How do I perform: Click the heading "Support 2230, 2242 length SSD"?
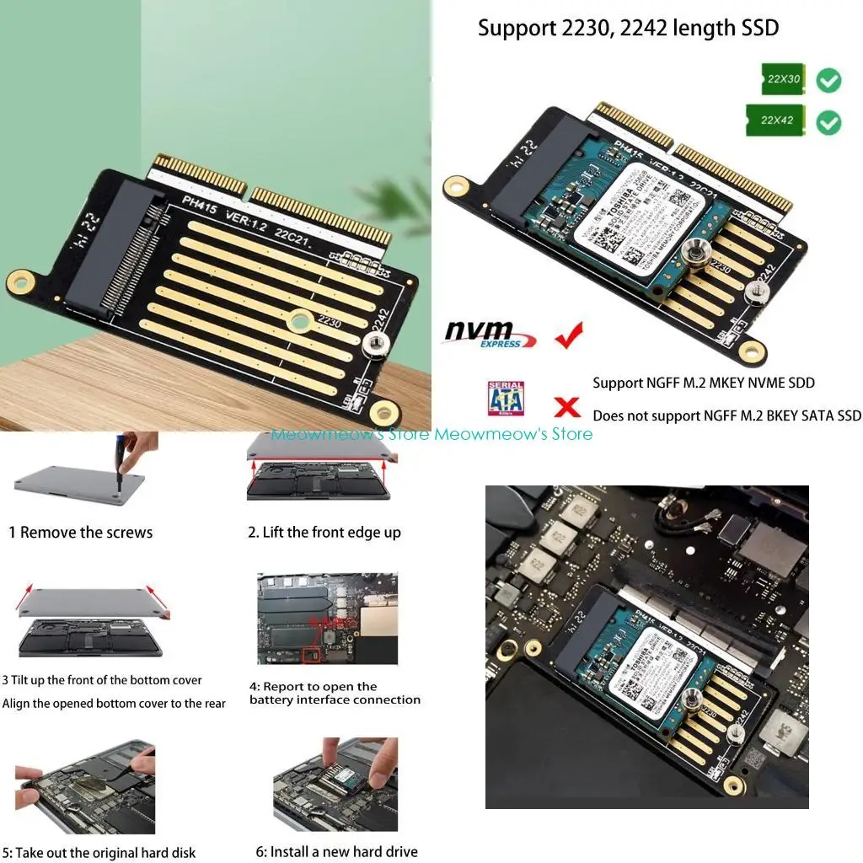pyautogui.click(x=628, y=28)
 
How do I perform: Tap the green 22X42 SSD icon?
pyautogui.click(x=775, y=121)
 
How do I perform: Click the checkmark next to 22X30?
pyautogui.click(x=828, y=81)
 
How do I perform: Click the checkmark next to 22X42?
pyautogui.click(x=828, y=123)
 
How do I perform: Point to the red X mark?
pyautogui.click(x=567, y=407)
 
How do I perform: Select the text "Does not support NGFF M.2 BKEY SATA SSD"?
pyautogui.click(x=726, y=415)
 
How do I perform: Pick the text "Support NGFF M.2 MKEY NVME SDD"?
pyautogui.click(x=704, y=383)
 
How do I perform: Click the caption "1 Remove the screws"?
pyautogui.click(x=81, y=533)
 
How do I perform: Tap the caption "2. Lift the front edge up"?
pyautogui.click(x=324, y=533)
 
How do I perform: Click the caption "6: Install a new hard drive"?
pyautogui.click(x=336, y=851)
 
